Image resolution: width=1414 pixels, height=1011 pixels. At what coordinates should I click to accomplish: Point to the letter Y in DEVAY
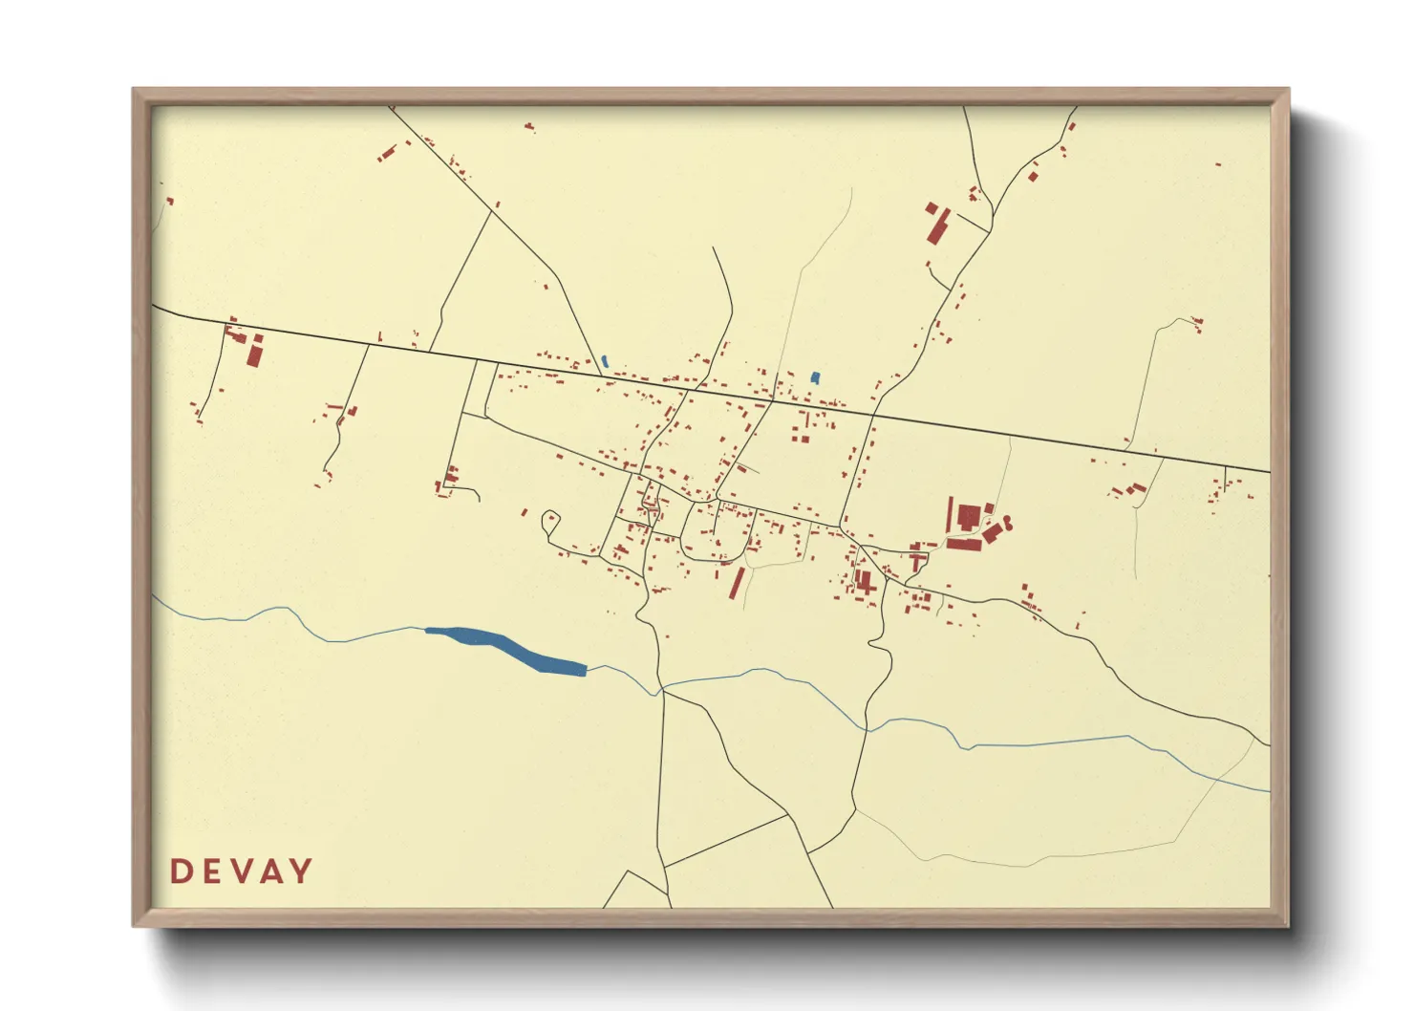pyautogui.click(x=301, y=871)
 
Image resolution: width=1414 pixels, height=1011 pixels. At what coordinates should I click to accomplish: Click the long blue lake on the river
pyautogui.click(x=506, y=650)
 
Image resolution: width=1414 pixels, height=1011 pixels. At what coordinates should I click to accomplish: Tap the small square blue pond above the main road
pyautogui.click(x=815, y=377)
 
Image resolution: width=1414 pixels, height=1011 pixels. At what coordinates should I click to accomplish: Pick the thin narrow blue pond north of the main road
pyautogui.click(x=605, y=361)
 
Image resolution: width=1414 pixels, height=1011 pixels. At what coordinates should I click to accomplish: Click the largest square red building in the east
pyautogui.click(x=968, y=517)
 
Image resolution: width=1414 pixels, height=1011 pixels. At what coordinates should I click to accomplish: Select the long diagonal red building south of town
pyautogui.click(x=737, y=582)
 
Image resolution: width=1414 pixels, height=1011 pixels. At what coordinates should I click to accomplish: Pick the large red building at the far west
pyautogui.click(x=254, y=353)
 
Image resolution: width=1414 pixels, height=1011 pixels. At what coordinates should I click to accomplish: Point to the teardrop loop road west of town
pyautogui.click(x=549, y=522)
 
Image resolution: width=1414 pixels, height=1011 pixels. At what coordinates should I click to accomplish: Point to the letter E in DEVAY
pyautogui.click(x=210, y=871)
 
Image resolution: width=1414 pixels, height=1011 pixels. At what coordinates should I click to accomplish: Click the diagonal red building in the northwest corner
pyautogui.click(x=387, y=153)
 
